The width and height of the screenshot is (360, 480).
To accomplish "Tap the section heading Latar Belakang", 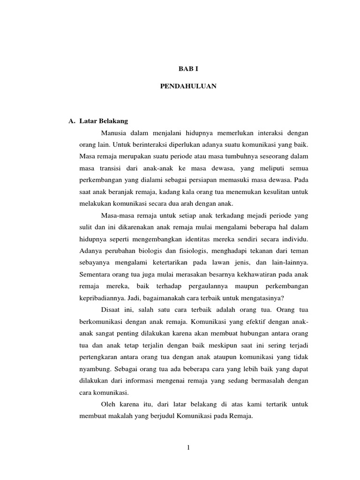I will [x=104, y=121].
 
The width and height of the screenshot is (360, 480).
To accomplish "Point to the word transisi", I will [x=111, y=168].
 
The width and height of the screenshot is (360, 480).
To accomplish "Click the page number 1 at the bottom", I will [x=188, y=448].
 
